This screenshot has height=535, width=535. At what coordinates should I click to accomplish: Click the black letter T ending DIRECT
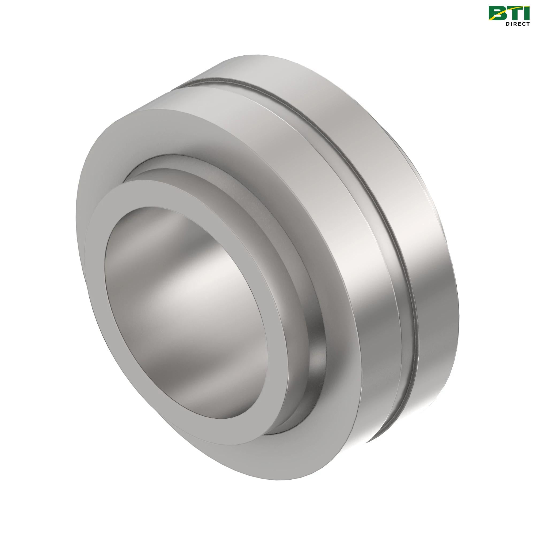point(528,24)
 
